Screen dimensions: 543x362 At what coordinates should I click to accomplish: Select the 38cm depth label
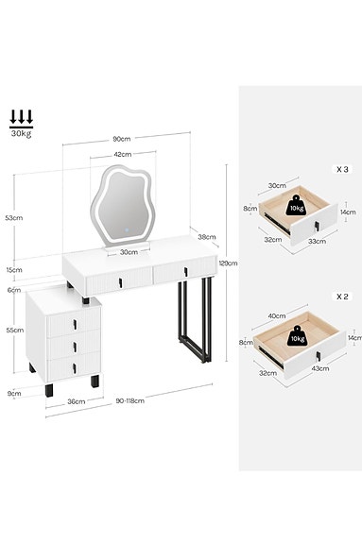point(207,237)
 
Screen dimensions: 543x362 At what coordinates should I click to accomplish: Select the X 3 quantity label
point(341,169)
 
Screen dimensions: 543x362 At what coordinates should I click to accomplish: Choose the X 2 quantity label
point(341,296)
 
